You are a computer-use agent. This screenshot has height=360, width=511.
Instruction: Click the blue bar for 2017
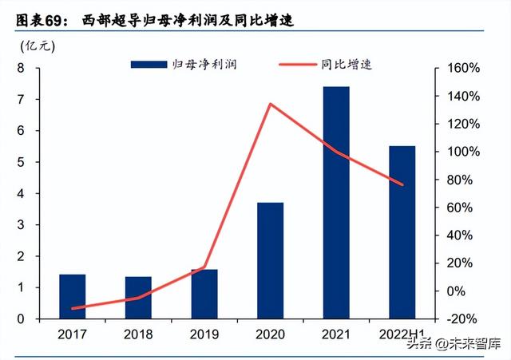coord(72,296)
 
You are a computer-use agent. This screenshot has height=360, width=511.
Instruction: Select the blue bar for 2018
coord(138,298)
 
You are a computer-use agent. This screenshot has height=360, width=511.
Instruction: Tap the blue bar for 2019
coord(204,294)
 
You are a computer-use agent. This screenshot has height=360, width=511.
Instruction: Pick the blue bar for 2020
coord(270,260)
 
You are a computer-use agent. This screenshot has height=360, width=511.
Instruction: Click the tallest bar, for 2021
coord(336,203)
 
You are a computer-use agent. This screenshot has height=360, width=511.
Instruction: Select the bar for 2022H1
coord(402,232)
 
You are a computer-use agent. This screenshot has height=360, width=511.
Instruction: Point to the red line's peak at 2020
coord(270,104)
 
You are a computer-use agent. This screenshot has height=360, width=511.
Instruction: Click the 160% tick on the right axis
coord(463,69)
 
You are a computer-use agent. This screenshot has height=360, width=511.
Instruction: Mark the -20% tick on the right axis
coord(463,318)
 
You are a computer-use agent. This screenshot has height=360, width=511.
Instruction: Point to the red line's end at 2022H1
coord(402,185)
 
